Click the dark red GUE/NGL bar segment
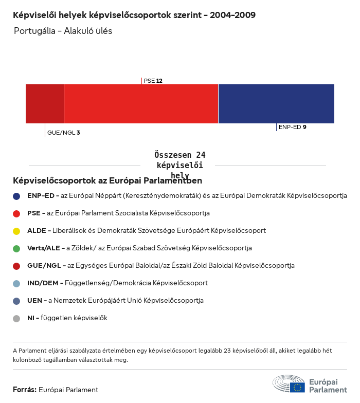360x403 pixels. (45, 104)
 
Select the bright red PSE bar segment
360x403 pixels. (141, 104)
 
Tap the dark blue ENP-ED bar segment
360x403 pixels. (276, 104)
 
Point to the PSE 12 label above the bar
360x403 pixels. (153, 81)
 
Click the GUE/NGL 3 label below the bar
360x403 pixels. (63, 133)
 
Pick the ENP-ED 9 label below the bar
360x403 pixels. (292, 127)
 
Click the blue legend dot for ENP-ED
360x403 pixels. (16, 196)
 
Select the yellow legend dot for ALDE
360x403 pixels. (16, 231)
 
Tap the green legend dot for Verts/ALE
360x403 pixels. (16, 248)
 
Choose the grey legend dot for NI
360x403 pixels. (16, 318)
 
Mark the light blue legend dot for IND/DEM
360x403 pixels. (16, 283)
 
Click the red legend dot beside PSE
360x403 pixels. (16, 213)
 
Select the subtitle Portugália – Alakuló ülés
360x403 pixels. (63, 31)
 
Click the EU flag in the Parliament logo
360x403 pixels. (297, 387)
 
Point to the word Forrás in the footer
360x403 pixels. (24, 390)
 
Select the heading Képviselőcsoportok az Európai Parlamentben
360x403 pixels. (107, 181)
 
